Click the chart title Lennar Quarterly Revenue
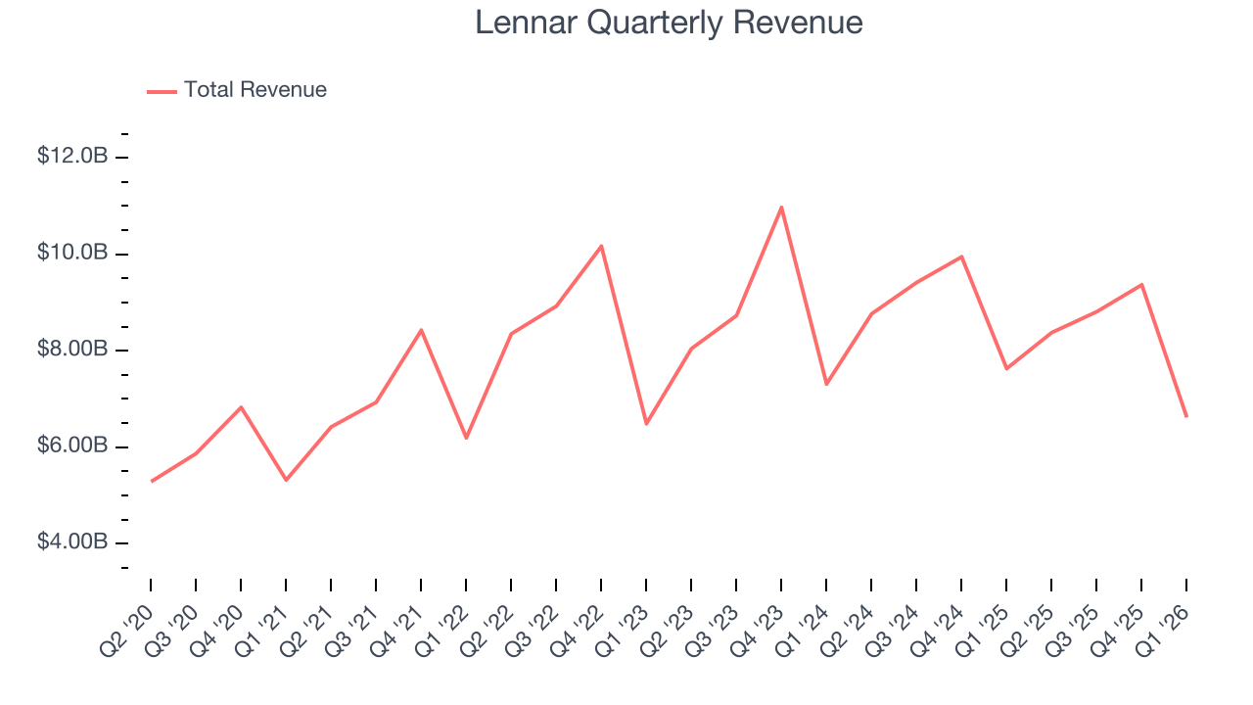pos(669,23)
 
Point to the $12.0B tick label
pos(72,157)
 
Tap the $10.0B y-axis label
pos(72,253)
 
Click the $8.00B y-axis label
pos(72,350)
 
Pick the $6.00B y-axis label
pos(72,446)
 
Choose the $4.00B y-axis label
pos(72,542)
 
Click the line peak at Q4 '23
pos(781,207)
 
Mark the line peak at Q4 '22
pos(601,246)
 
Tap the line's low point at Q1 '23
pos(646,424)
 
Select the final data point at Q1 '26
pos(1186,417)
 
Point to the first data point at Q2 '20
pos(152,481)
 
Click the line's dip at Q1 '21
pos(286,480)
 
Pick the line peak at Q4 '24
pos(961,257)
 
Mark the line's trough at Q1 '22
pos(466,438)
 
